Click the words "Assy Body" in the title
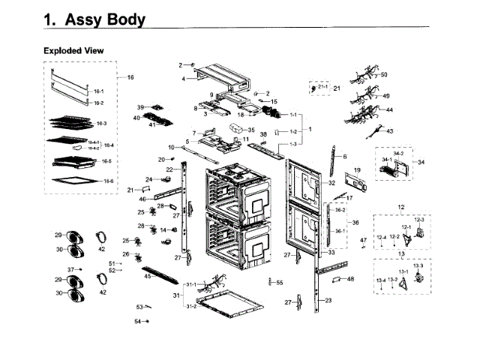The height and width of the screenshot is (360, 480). [106, 20]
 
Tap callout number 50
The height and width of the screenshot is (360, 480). [384, 75]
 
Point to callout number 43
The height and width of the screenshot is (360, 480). [389, 131]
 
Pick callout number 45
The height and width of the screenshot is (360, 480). [148, 277]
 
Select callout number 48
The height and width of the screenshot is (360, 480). [350, 279]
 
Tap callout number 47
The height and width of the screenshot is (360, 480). [363, 240]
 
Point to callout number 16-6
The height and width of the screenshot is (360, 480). [109, 181]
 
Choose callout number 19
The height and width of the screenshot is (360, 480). [357, 171]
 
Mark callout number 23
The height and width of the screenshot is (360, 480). [327, 300]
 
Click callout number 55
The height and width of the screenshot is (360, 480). [280, 283]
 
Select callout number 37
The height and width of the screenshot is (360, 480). [70, 269]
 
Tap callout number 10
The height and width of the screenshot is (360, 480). [171, 147]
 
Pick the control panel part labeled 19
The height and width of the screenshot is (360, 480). [352, 183]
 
